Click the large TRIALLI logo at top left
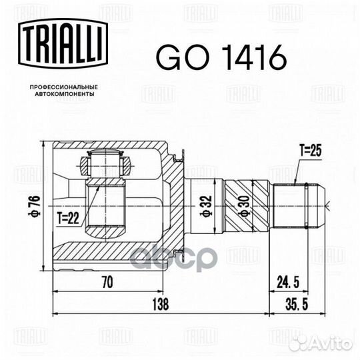pyautogui.click(x=63, y=43)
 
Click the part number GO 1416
pyautogui.click(x=221, y=57)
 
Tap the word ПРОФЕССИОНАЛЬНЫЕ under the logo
pyautogui.click(x=64, y=87)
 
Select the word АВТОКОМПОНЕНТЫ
pyautogui.click(x=65, y=94)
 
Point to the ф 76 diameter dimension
pyautogui.click(x=35, y=206)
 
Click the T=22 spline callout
pyautogui.click(x=68, y=218)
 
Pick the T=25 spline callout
pyautogui.click(x=311, y=151)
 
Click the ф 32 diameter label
pyautogui.click(x=206, y=206)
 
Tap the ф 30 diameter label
pyautogui.click(x=244, y=206)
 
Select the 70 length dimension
pyautogui.click(x=107, y=282)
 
